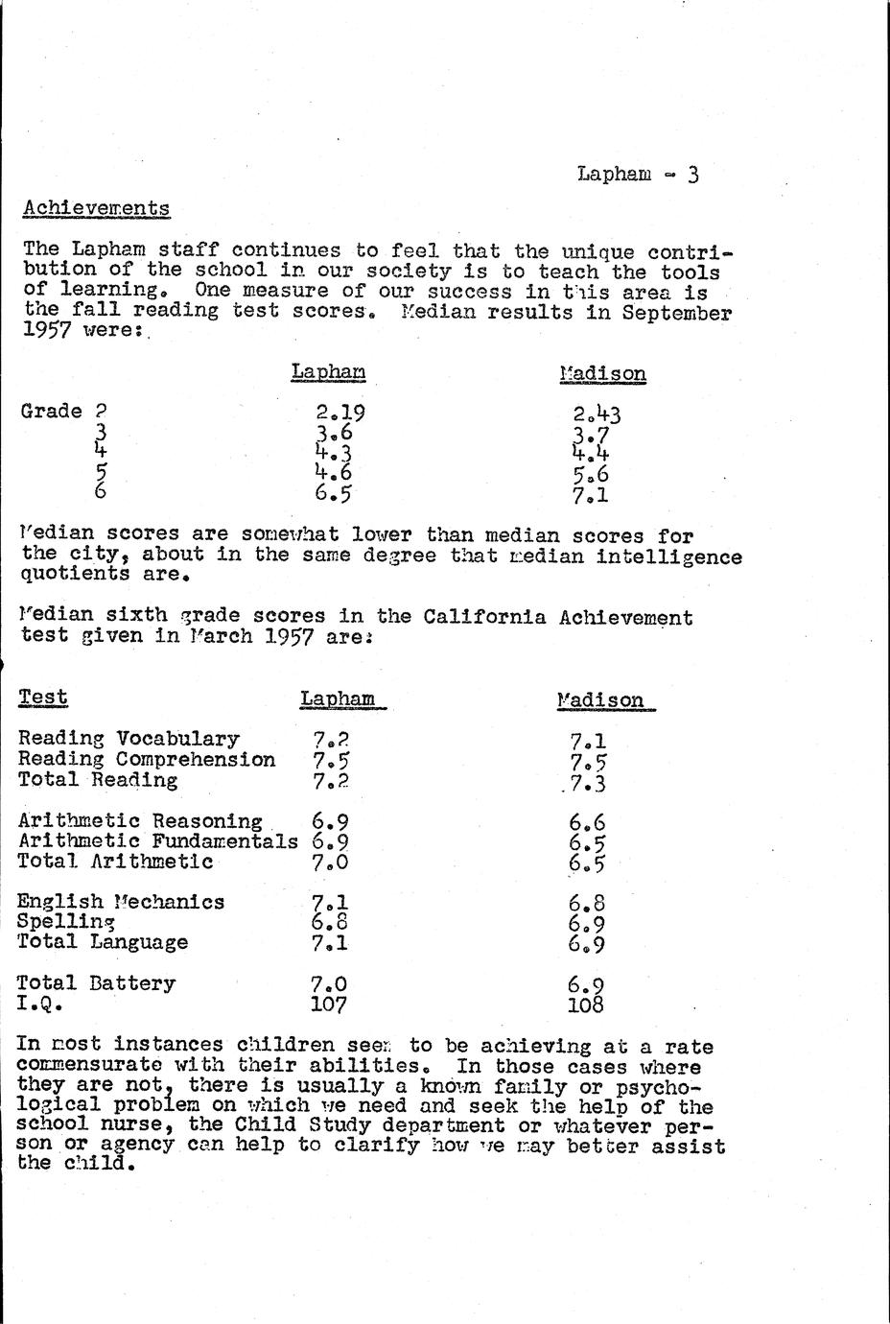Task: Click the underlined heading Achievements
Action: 96,208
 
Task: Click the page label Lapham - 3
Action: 638,174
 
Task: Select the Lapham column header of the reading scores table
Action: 328,372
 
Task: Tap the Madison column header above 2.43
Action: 602,374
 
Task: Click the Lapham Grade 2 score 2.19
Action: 340,414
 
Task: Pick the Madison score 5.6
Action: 590,475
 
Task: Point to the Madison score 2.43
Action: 597,415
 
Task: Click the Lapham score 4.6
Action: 333,473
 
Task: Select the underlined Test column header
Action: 43,697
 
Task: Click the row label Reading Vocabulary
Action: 129,739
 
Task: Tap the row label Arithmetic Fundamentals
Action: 157,841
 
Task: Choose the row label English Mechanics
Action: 121,902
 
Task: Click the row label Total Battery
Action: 97,983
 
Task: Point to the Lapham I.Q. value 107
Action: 329,1005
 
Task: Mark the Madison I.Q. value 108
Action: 585,1005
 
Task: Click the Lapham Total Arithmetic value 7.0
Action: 329,862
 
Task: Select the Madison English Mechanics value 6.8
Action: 586,904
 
